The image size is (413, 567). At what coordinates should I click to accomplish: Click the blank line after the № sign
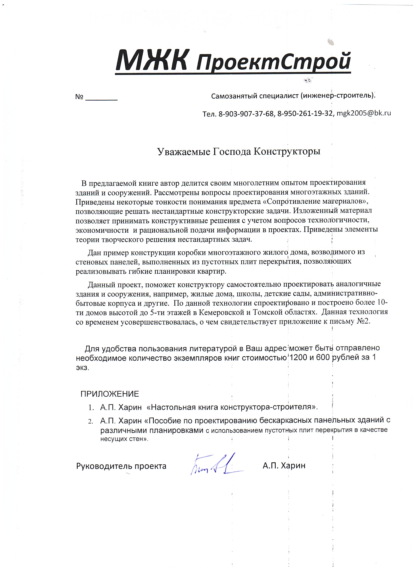click(x=101, y=97)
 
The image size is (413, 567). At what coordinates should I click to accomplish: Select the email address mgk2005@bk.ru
click(x=363, y=113)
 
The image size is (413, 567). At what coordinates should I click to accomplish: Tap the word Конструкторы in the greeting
click(x=287, y=151)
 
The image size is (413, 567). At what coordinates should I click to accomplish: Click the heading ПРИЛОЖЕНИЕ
click(x=110, y=394)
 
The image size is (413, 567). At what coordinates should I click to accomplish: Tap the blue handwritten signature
click(x=215, y=466)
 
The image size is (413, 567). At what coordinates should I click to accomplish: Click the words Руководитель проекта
click(x=121, y=466)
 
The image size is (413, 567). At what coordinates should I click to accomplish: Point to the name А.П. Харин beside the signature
click(x=284, y=465)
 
